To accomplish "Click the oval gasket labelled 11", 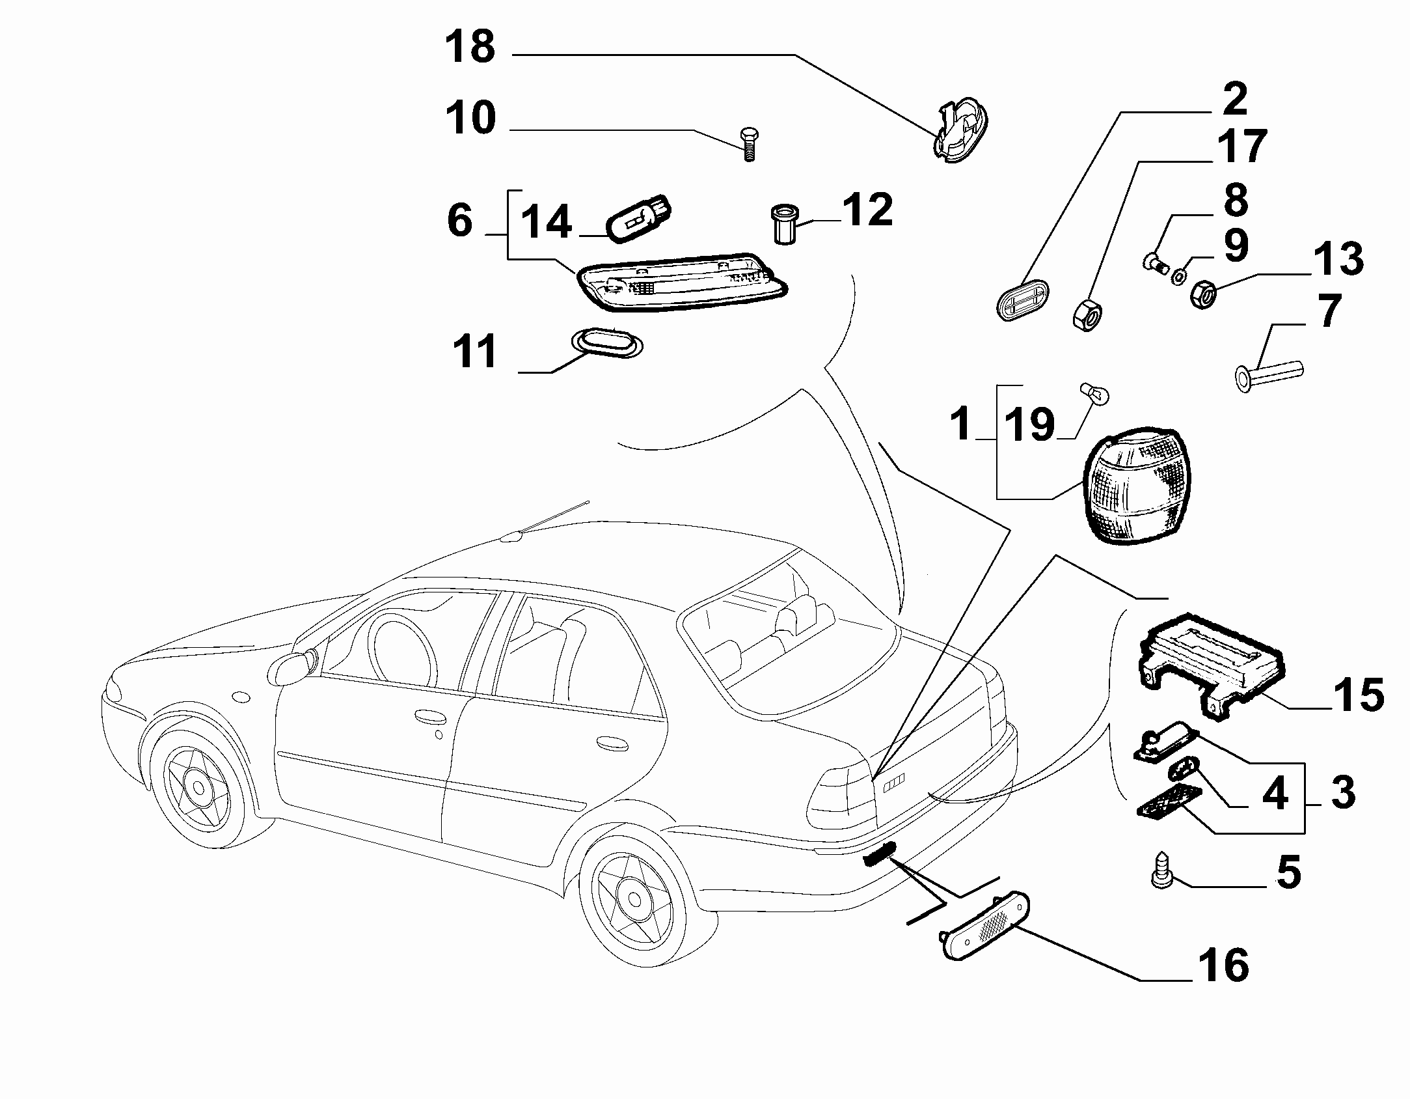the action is [606, 342].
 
